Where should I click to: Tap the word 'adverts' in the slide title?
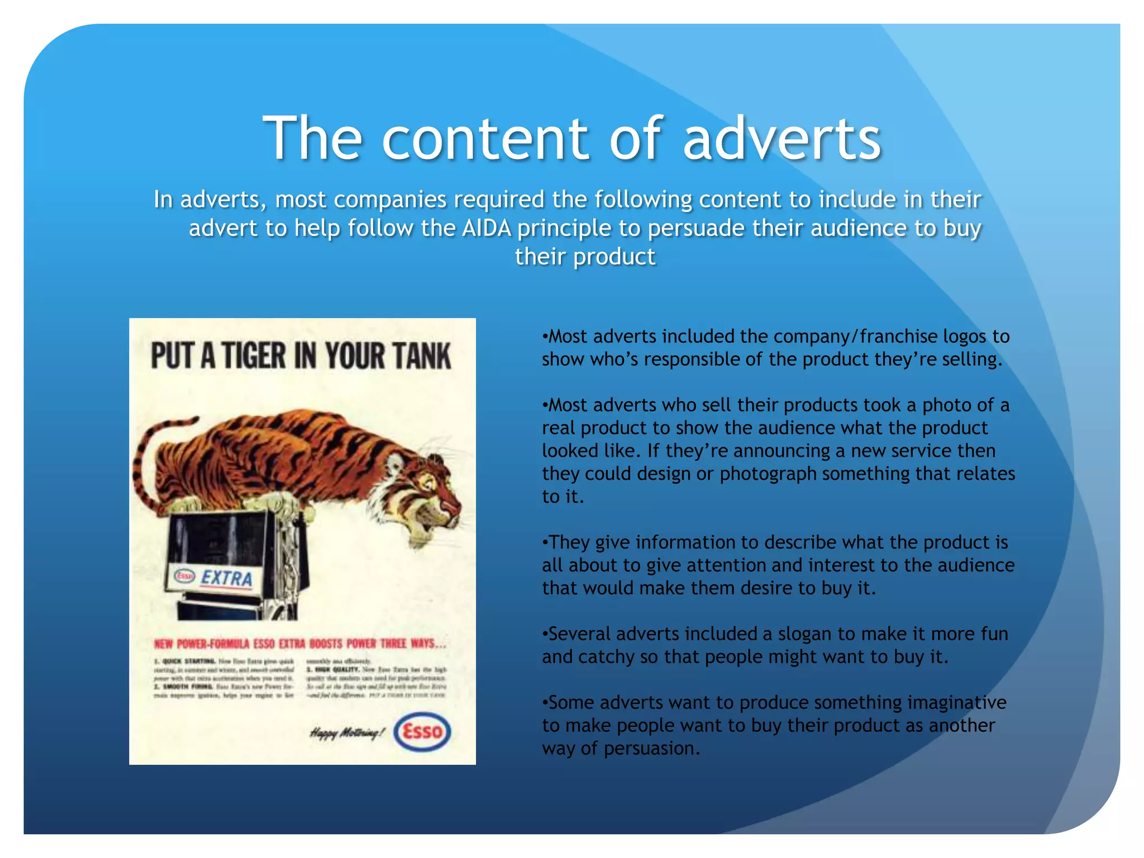[x=782, y=139]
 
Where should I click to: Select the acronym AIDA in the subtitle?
[x=486, y=228]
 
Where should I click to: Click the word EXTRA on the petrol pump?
[x=226, y=578]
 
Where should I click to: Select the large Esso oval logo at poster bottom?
[x=422, y=731]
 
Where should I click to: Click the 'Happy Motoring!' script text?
[x=347, y=733]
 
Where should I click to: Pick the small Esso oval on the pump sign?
[x=184, y=575]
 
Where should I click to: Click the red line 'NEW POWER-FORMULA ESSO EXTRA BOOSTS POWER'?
[x=300, y=644]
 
